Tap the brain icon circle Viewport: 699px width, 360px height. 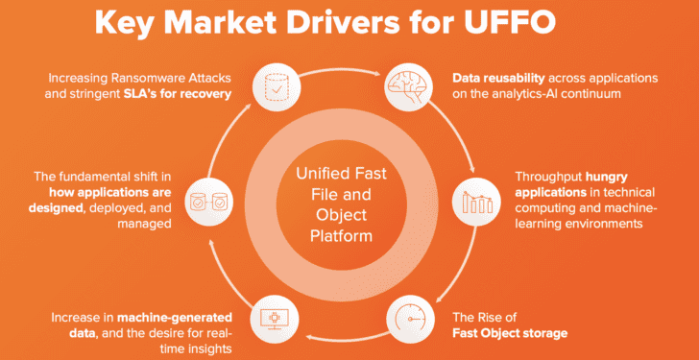[x=405, y=86]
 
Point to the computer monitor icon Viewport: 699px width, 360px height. [x=274, y=320]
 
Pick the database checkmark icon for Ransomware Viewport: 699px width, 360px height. [x=276, y=85]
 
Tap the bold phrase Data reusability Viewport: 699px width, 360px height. [x=498, y=78]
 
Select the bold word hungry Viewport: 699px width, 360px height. [x=607, y=177]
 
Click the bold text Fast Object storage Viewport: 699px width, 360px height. [x=510, y=333]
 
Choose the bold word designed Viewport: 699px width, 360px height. [x=56, y=208]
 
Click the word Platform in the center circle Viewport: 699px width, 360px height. [x=341, y=235]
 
